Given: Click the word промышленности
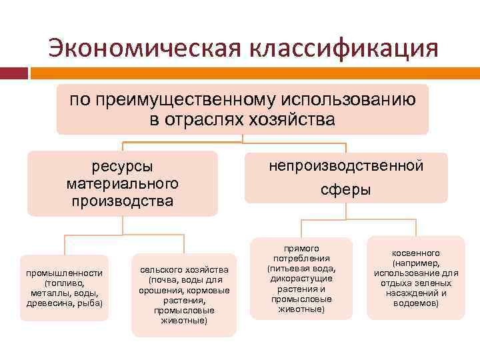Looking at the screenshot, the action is point(64,273).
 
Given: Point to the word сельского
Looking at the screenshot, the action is point(163,269).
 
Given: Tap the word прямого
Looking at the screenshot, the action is point(301,248).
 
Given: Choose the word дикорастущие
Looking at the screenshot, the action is point(301,279).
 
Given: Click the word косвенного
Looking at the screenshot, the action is point(416,253).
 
